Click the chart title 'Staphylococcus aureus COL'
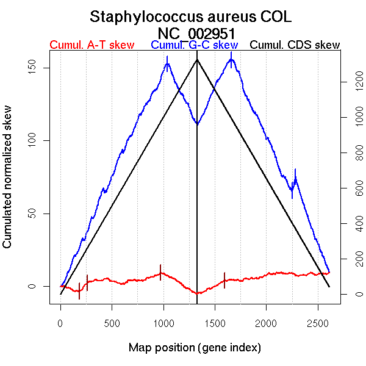(195, 16)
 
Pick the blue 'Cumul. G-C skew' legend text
(194, 45)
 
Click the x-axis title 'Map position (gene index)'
(195, 348)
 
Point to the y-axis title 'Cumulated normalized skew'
(8, 184)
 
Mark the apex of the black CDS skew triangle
(197, 59)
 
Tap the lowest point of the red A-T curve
(197, 293)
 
